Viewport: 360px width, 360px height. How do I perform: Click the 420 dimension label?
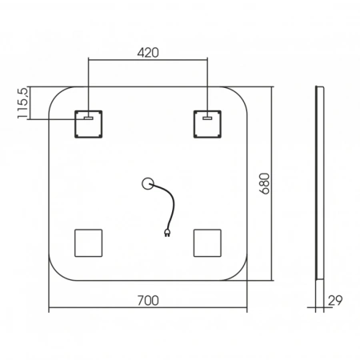point(148,53)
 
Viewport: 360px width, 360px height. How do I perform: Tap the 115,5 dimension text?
point(22,103)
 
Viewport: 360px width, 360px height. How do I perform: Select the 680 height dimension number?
point(265,183)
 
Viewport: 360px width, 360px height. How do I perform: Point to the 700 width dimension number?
point(148,301)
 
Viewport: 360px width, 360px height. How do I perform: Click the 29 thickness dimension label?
point(335,301)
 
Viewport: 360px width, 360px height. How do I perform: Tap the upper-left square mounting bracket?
point(88,124)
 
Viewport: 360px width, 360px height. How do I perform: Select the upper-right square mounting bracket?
point(207,124)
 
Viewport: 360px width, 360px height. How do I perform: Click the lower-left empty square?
point(88,243)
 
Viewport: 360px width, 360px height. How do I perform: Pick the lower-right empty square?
point(207,243)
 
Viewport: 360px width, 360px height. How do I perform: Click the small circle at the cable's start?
point(147,183)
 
